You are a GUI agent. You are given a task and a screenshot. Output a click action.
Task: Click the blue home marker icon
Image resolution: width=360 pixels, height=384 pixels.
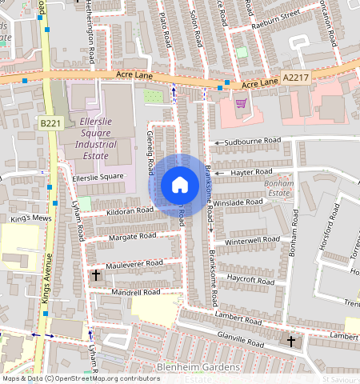tap(180, 185)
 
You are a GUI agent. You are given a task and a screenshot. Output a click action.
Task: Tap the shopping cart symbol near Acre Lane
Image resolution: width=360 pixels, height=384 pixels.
tap(241, 102)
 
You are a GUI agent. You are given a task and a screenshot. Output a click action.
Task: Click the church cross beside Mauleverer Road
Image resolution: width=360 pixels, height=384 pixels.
tap(96, 275)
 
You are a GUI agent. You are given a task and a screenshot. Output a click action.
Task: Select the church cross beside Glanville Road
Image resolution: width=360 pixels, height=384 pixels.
tap(290, 342)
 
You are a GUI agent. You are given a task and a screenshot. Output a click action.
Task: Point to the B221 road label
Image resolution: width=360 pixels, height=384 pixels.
tap(50, 122)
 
